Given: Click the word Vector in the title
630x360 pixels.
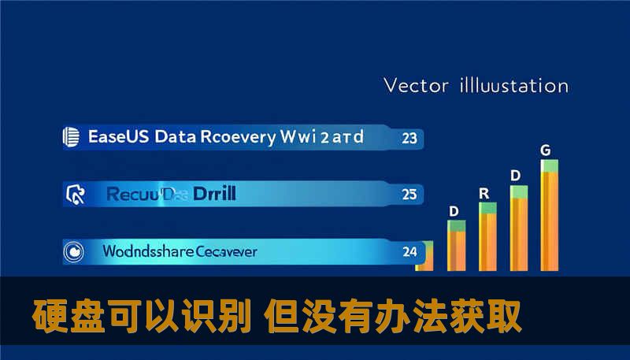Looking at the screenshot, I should [415, 85].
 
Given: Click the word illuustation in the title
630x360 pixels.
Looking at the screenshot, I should [513, 85].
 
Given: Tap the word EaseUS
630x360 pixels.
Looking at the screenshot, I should [118, 137].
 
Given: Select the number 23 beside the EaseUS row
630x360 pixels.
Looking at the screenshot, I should [409, 139].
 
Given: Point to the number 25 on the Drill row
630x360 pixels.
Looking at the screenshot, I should [409, 194].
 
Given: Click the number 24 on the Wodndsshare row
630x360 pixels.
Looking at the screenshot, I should [409, 253].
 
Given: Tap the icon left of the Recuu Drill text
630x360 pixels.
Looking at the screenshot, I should [75, 192].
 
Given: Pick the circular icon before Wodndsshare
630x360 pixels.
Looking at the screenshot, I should [72, 252].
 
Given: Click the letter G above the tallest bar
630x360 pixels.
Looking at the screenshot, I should [545, 149].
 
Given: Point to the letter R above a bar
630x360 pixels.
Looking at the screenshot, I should [484, 193].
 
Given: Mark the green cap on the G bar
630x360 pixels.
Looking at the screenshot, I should [550, 165].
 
